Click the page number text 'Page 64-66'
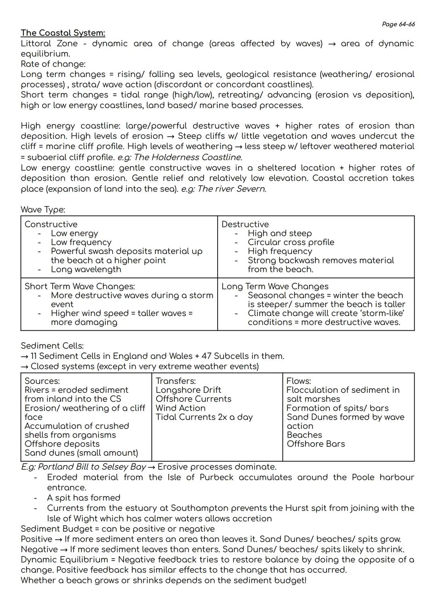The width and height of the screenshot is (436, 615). point(398,24)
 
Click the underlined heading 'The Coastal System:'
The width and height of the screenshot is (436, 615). point(63,33)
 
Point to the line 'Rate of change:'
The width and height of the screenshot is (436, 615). point(53,64)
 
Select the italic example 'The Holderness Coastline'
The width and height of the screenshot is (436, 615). point(188,157)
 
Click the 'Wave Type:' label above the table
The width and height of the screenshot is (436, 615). point(43,210)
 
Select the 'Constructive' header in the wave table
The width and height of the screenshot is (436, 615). point(51,224)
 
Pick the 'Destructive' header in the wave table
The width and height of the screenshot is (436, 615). point(245,224)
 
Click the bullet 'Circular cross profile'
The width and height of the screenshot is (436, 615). point(291,242)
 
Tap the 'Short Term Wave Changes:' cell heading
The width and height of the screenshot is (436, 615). point(80,286)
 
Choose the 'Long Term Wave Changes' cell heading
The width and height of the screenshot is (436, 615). point(275,286)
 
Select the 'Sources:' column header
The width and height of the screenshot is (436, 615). point(42,381)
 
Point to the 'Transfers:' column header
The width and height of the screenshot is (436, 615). point(176,381)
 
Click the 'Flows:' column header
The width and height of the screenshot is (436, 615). point(298,381)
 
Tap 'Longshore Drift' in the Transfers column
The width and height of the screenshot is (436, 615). point(188,390)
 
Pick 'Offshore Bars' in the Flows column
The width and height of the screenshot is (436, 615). point(316,444)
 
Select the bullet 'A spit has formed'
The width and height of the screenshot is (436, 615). point(84,498)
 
